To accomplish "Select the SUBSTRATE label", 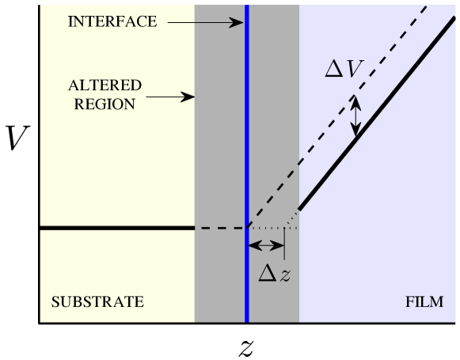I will point(97,301).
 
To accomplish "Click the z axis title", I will point(246,346).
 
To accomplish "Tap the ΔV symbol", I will point(344,70).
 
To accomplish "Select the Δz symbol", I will point(276,273).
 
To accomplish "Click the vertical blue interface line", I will point(247,158).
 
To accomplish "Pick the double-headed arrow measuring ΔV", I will point(356,115).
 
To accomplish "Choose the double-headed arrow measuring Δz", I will point(266,246).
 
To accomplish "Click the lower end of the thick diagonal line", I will point(301,210).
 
